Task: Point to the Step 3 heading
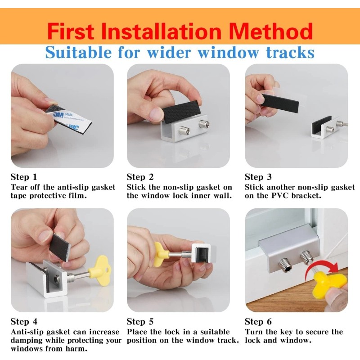click(258, 177)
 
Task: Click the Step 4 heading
click(24, 321)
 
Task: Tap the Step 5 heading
click(140, 321)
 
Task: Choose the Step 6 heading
click(258, 321)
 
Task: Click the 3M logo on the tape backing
click(58, 115)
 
